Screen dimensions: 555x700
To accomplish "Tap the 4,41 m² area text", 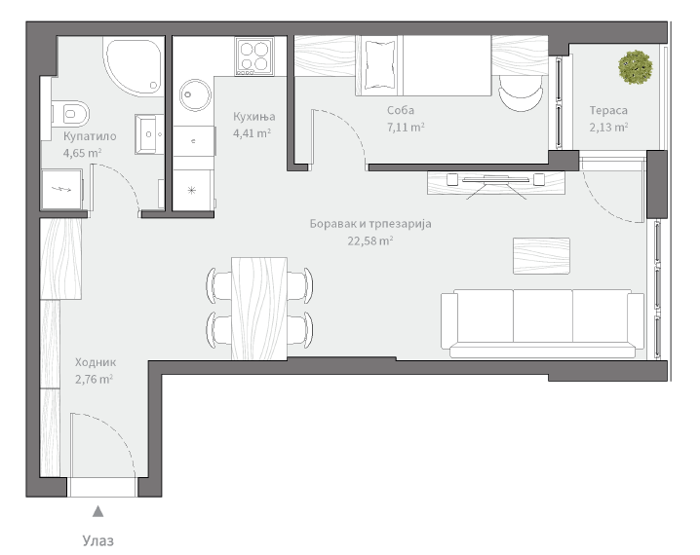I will coord(252,133).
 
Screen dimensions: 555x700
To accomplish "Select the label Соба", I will coord(401,110).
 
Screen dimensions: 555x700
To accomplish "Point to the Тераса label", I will coord(608,110).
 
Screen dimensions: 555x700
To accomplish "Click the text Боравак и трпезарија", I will coord(369,224).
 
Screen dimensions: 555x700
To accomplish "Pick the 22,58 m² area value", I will coord(370,240).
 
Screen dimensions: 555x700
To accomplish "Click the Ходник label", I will coord(95,363).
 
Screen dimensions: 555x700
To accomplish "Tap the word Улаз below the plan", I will coord(97,540).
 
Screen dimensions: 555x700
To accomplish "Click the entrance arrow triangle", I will coord(97,511).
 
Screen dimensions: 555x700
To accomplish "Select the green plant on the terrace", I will coord(635,66).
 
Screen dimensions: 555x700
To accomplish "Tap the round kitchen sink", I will coord(194,94).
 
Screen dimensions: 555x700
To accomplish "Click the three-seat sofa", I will coord(542,318).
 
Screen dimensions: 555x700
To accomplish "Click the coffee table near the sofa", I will coord(540,255).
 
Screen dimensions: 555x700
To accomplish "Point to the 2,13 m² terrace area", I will coord(608,127).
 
